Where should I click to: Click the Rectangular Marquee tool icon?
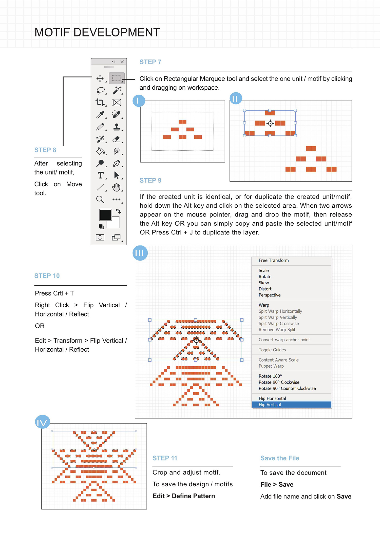pyautogui.click(x=117, y=78)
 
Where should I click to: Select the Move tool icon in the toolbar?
pyautogui.click(x=100, y=78)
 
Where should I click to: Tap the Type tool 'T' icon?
pyautogui.click(x=101, y=175)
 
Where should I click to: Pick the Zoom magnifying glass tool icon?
pyautogui.click(x=100, y=200)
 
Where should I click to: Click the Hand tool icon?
pyautogui.click(x=116, y=187)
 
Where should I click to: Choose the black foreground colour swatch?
pyautogui.click(x=105, y=215)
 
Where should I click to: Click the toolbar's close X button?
pyautogui.click(x=122, y=62)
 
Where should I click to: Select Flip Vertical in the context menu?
pyautogui.click(x=270, y=405)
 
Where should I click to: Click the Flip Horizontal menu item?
pyautogui.click(x=272, y=399)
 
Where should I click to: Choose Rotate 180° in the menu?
pyautogui.click(x=270, y=376)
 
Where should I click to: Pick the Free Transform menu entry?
pyautogui.click(x=274, y=261)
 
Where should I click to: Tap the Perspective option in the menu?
pyautogui.click(x=270, y=295)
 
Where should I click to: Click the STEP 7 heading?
pyautogui.click(x=150, y=62)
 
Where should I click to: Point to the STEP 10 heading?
pyautogui.click(x=47, y=276)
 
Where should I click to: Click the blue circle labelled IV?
pyautogui.click(x=42, y=422)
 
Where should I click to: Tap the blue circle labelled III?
pyautogui.click(x=140, y=253)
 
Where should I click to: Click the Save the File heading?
pyautogui.click(x=280, y=458)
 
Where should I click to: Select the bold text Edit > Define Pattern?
pyautogui.click(x=184, y=496)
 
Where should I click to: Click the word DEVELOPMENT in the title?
pyautogui.click(x=117, y=32)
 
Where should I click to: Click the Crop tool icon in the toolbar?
pyautogui.click(x=100, y=102)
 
